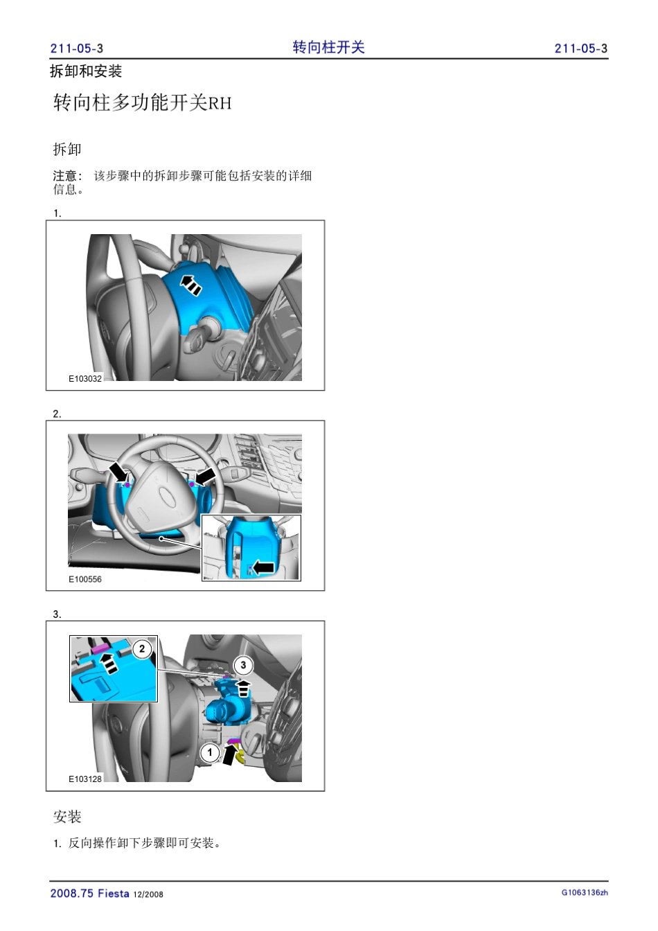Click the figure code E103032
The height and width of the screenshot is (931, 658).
tap(85, 379)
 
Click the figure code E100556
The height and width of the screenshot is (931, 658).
tap(85, 579)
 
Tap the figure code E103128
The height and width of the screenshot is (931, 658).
tap(85, 779)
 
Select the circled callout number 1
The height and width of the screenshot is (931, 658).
tap(210, 752)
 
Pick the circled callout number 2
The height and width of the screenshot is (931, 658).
tap(142, 649)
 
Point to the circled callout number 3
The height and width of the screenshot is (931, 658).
tap(244, 665)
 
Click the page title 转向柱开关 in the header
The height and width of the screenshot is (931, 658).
tap(328, 47)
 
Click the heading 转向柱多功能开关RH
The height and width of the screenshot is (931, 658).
tap(142, 103)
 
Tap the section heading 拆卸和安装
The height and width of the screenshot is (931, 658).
tap(86, 71)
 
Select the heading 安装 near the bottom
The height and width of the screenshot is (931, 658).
tap(67, 817)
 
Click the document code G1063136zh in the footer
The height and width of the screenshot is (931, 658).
tap(585, 892)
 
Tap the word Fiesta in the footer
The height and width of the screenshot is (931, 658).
tap(114, 893)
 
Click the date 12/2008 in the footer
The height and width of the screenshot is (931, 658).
tap(148, 894)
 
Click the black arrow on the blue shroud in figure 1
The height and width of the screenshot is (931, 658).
tap(190, 285)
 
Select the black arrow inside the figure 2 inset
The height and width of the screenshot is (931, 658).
tap(263, 567)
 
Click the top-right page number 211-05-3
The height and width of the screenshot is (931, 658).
tap(580, 48)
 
